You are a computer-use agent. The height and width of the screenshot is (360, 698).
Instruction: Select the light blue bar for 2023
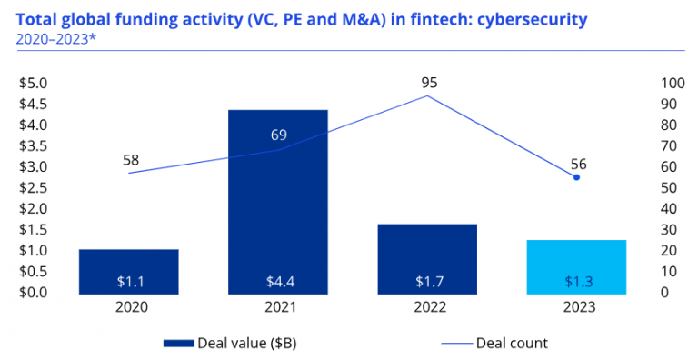576,266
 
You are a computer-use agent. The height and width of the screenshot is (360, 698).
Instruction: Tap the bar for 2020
128,270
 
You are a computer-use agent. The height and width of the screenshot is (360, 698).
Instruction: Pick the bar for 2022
426,258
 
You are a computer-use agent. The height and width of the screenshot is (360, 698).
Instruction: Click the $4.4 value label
277,280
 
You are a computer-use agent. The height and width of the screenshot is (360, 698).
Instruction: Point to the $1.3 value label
576,280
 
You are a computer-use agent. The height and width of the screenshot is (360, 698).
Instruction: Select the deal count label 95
429,83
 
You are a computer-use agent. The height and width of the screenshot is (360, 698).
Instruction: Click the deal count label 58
131,160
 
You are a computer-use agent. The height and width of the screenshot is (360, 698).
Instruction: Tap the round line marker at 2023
576,177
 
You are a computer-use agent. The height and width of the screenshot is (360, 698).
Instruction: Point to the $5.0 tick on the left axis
34,83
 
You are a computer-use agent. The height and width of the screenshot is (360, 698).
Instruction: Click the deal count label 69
279,135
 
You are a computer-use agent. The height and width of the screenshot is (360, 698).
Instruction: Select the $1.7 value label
426,280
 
